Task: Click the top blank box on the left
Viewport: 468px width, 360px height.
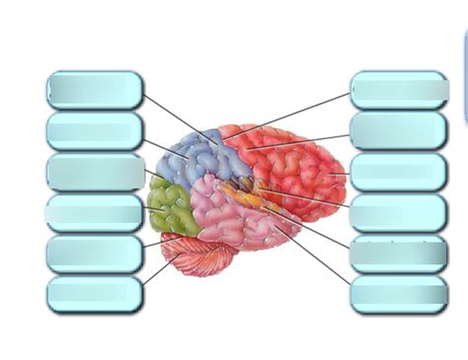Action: (x=95, y=90)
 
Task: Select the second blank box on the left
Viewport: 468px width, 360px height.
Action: (x=95, y=130)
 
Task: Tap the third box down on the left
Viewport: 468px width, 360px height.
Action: (x=95, y=172)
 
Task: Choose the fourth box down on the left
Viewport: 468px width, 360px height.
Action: (x=95, y=212)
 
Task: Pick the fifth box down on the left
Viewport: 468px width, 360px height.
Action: (x=95, y=253)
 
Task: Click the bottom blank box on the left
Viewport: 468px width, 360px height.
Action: (x=95, y=294)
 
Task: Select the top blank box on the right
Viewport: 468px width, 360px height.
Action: (x=399, y=90)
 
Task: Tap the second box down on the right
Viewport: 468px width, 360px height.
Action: (x=399, y=130)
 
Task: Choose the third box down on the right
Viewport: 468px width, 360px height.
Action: (x=399, y=172)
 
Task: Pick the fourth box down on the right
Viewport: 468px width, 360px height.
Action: (x=399, y=212)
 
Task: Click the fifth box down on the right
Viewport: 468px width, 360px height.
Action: (x=399, y=253)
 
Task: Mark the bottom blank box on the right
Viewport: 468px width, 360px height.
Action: (x=399, y=294)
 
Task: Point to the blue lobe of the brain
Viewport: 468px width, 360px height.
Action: (x=197, y=158)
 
